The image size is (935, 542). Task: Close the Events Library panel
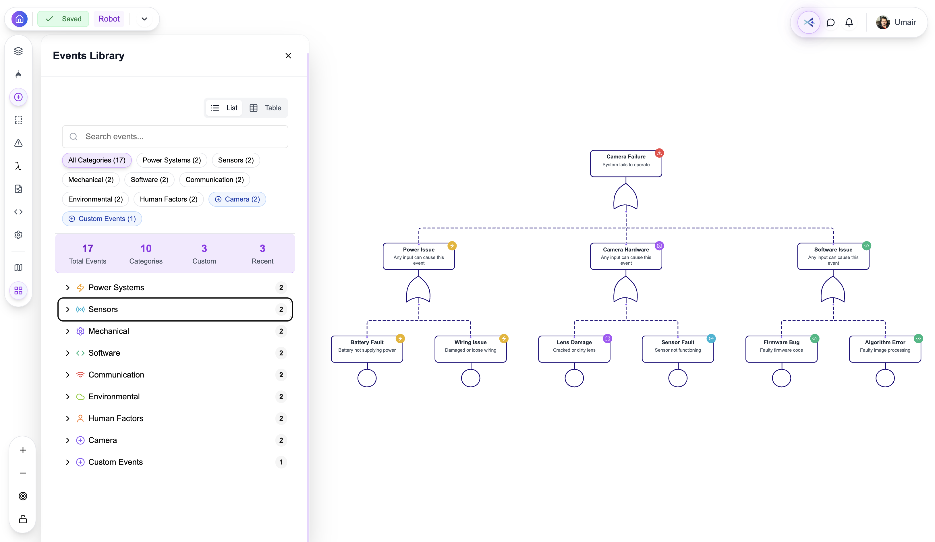point(288,56)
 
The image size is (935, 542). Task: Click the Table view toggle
point(266,108)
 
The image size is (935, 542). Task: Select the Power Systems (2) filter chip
point(171,160)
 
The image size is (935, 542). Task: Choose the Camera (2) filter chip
point(237,199)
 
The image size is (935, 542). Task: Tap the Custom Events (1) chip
point(102,219)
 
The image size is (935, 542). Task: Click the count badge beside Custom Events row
point(281,462)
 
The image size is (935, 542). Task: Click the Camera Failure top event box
point(625,163)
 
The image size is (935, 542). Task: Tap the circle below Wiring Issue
point(470,378)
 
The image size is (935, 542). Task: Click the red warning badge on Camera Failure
point(659,153)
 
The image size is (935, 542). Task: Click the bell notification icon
point(849,23)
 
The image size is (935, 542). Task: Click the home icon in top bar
point(19,19)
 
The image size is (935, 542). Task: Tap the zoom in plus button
point(23,450)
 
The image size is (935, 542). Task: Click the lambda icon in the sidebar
point(18,166)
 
